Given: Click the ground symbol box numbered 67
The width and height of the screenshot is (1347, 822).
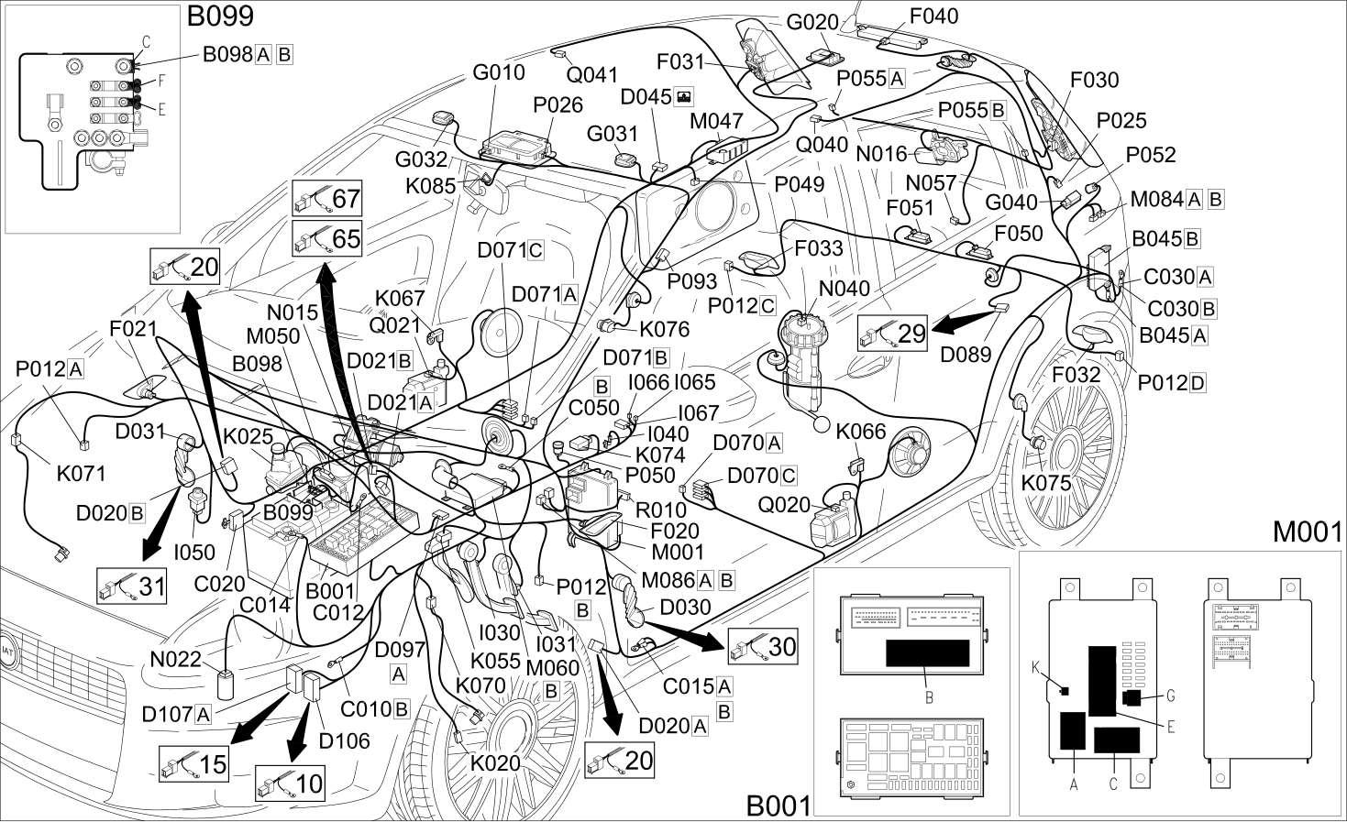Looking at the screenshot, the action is tap(327, 198).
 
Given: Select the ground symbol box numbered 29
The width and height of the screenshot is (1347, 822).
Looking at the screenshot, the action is tap(893, 333).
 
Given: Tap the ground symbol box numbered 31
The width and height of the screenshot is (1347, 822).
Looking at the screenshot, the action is tap(132, 586).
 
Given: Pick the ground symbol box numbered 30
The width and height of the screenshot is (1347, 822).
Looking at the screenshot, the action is tap(763, 646).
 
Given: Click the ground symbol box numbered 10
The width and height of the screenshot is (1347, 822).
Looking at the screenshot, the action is tap(291, 783).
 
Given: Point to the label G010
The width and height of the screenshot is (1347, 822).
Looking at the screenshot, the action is tap(499, 72).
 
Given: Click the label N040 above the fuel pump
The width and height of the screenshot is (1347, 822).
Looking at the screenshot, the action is tap(845, 289).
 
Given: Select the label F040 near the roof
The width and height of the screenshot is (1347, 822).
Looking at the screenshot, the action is tap(933, 16).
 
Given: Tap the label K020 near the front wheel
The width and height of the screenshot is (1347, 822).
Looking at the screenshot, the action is tap(495, 763).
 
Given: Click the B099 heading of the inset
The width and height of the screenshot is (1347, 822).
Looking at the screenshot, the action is tap(220, 16).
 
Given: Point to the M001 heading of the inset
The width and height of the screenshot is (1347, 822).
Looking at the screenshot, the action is tap(1308, 532).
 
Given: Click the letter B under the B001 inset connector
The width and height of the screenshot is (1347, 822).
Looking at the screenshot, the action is tap(929, 697).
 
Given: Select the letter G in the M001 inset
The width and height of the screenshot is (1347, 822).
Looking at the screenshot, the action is tap(1170, 696).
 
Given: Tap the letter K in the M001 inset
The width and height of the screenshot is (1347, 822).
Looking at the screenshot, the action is tap(1035, 667).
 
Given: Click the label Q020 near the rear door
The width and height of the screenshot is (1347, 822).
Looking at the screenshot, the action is tap(784, 505).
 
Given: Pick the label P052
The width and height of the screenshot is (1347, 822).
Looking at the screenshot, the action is tap(1151, 155).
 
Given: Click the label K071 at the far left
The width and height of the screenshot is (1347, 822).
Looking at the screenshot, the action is tap(82, 474).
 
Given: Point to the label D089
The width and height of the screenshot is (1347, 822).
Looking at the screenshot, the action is tap(966, 355).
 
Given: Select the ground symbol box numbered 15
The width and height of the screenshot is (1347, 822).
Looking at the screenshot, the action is tap(193, 763).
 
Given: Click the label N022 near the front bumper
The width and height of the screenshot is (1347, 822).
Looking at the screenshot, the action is tap(175, 659).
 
